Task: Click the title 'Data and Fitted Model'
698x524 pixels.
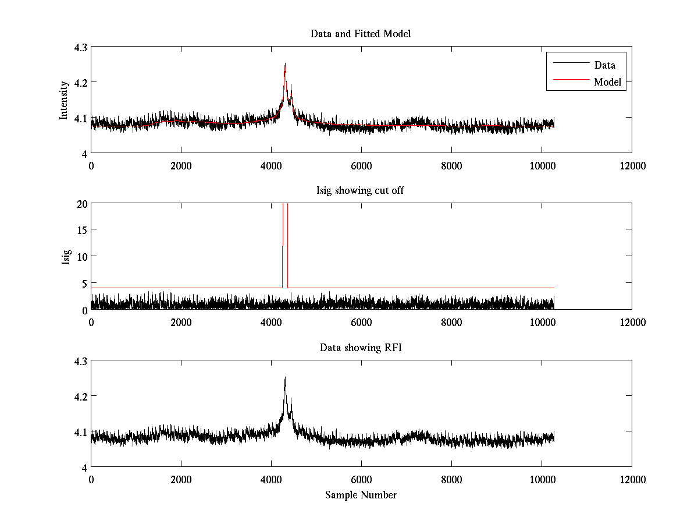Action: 361,34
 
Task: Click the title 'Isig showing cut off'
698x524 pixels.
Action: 361,191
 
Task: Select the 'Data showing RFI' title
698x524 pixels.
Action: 361,348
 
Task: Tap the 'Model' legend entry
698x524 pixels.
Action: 607,82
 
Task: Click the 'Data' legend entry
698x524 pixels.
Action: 604,65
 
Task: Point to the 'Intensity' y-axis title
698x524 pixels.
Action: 65,100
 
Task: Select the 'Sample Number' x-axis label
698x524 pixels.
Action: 361,495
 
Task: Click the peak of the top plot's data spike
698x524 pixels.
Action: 285,64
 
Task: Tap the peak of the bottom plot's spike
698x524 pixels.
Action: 285,378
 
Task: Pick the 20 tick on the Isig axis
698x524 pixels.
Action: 81,204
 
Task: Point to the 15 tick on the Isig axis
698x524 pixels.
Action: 81,230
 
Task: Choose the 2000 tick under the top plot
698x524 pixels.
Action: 181,165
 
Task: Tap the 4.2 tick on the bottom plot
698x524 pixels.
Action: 80,396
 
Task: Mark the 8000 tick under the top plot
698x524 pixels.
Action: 451,165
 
